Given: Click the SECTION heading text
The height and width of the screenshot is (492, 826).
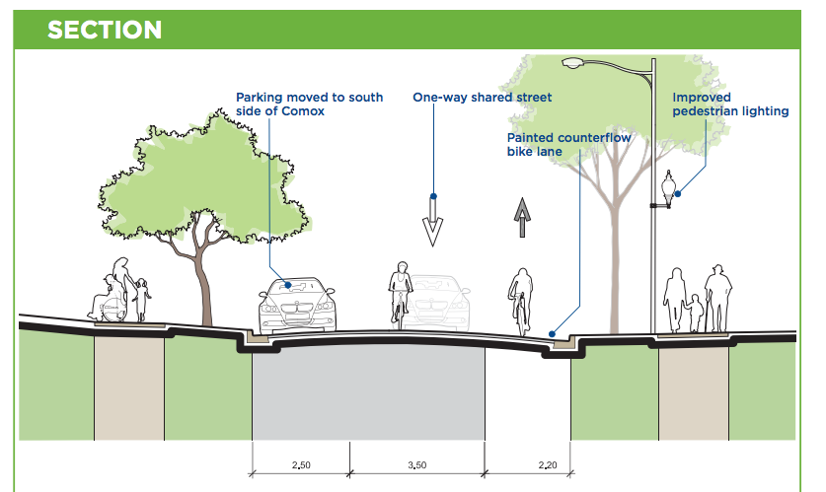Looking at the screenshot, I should point(105,30).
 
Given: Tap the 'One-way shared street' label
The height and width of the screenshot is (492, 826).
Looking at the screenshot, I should point(482,98).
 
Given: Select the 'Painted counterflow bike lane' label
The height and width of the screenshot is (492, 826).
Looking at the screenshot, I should point(567,146).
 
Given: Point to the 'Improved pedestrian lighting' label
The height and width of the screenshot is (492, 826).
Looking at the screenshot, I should point(729,105).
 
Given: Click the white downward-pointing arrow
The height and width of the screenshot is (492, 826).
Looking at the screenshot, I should point(432,218).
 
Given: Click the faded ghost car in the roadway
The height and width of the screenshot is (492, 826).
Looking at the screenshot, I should point(436,302).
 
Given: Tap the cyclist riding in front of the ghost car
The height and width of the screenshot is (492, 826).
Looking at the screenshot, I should point(401,292).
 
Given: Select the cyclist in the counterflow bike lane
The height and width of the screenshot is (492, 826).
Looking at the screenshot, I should point(520,297).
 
